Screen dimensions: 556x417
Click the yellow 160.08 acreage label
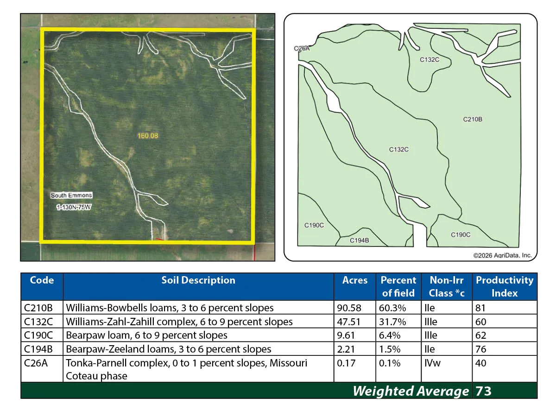pos(148,136)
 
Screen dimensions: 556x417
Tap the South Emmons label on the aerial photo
pos(71,195)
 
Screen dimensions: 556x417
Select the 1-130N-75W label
pos(74,207)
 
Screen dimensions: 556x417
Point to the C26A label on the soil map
pos(302,48)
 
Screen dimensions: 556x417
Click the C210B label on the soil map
pos(473,119)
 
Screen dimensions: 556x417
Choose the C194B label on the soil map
pos(359,240)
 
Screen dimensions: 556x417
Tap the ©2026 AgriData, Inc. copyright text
pos(502,255)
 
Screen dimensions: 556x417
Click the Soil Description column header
pos(198,280)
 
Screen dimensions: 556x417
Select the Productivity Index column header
pos(505,287)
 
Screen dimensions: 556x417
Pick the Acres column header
pos(354,280)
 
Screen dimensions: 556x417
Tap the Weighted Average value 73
pos(483,391)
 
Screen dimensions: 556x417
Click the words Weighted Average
pos(411,391)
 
